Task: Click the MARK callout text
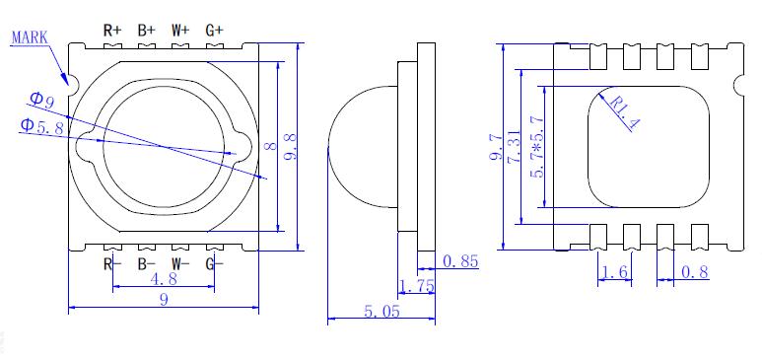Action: (30, 37)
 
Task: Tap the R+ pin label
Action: (112, 31)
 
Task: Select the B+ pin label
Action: (146, 31)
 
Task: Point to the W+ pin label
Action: (180, 31)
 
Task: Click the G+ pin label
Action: (214, 31)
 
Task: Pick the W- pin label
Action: (180, 264)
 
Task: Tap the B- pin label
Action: (146, 264)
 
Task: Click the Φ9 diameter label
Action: (41, 100)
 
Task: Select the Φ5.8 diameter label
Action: (41, 126)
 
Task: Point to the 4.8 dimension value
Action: (164, 279)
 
